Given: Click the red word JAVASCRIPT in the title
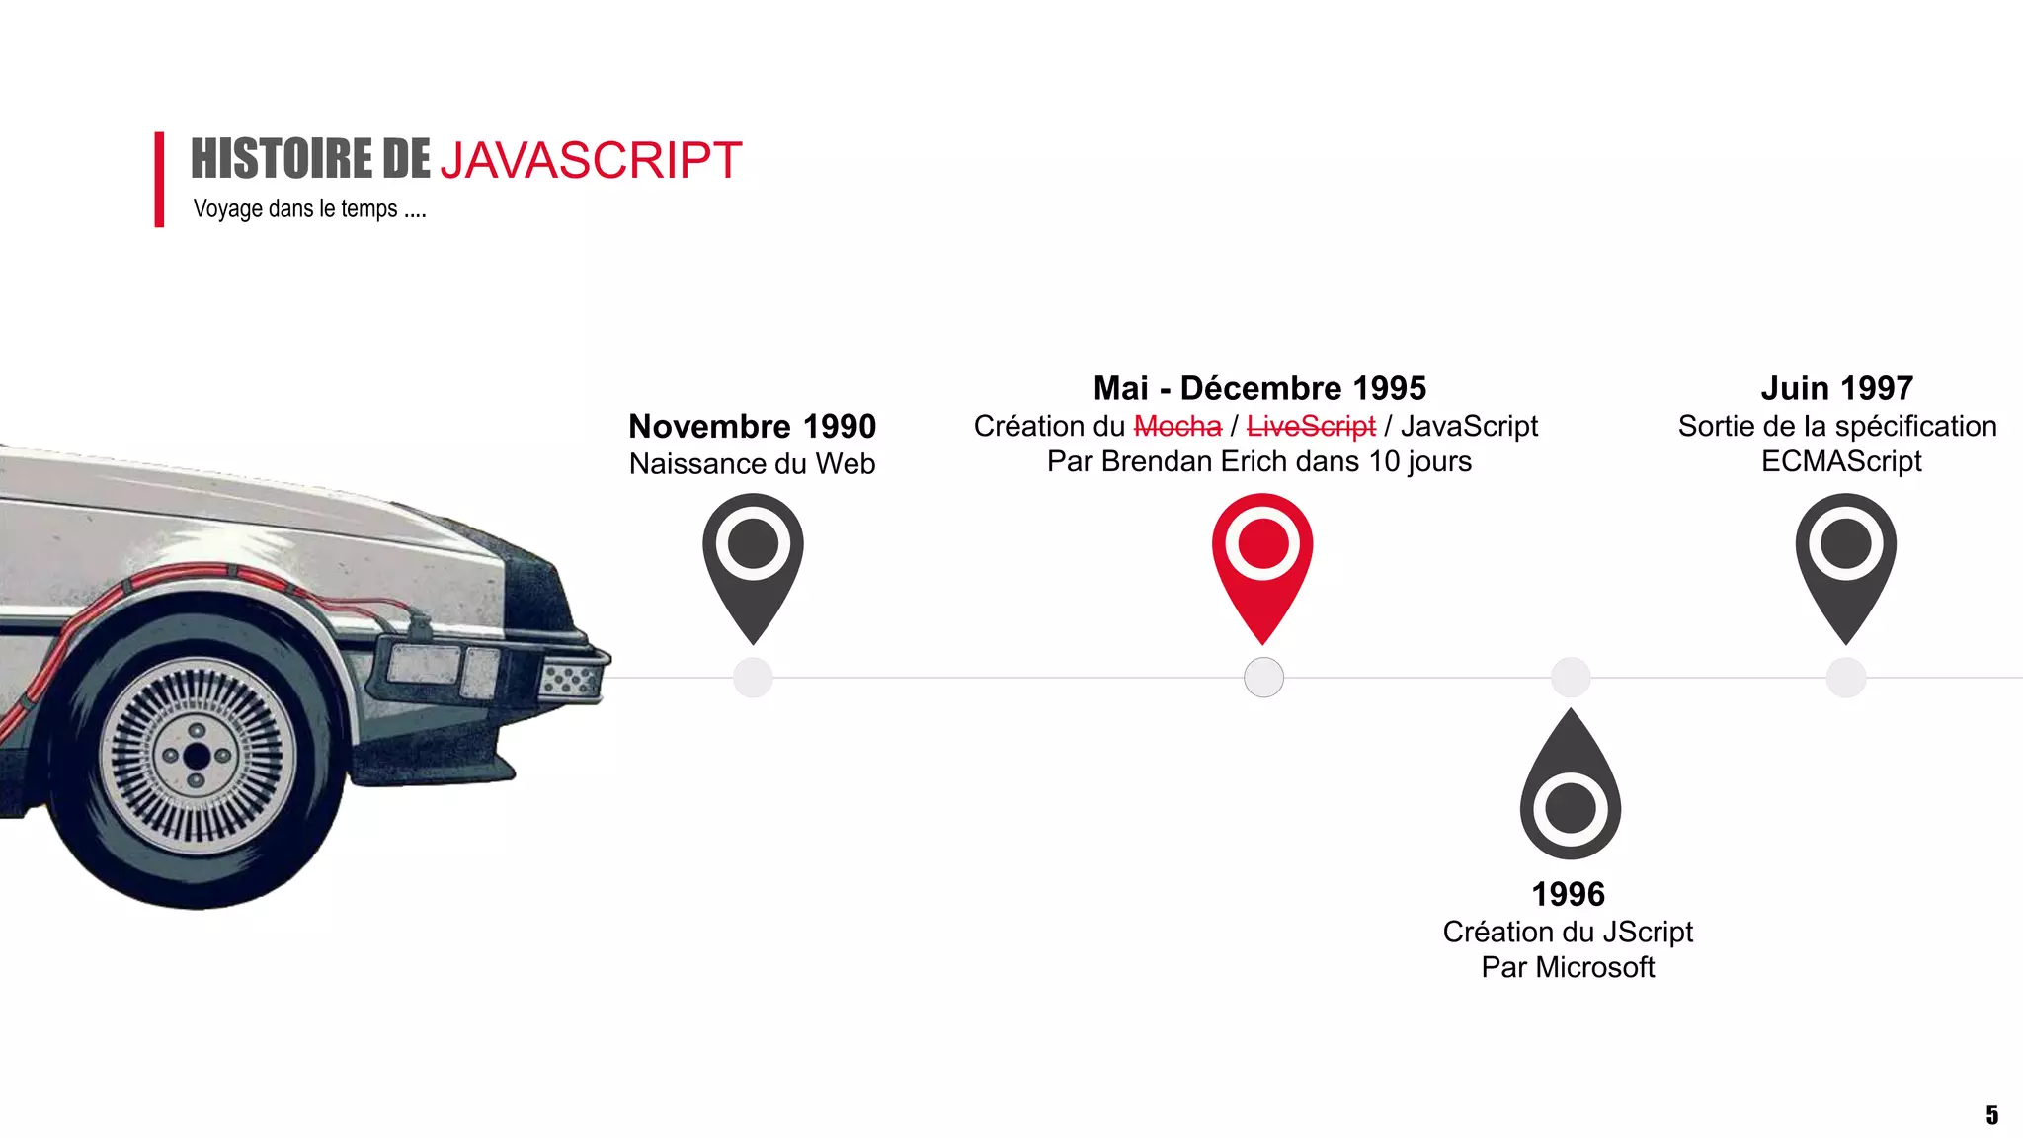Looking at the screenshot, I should click(x=591, y=161).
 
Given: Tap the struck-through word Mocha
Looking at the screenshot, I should click(x=1177, y=427).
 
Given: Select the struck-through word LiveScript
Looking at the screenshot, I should click(x=1311, y=427).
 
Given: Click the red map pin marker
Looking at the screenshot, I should click(x=1262, y=558).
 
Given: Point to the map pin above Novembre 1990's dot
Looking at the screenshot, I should click(x=753, y=558).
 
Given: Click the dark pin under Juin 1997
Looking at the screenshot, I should click(x=1845, y=558).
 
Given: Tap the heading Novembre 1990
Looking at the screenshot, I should click(x=753, y=427).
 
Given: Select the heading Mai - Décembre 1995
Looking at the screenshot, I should click(x=1259, y=388).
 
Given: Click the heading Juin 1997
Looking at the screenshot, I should click(x=1836, y=388).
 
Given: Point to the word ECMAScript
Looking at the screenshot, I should click(x=1841, y=461).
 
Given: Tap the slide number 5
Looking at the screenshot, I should click(x=1991, y=1115).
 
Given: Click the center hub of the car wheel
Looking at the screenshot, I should click(x=197, y=758).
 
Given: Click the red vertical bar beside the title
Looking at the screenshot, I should click(x=159, y=180).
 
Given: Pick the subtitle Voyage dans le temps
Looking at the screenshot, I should click(x=309, y=209).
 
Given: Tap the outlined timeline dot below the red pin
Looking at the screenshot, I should click(x=1263, y=678).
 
